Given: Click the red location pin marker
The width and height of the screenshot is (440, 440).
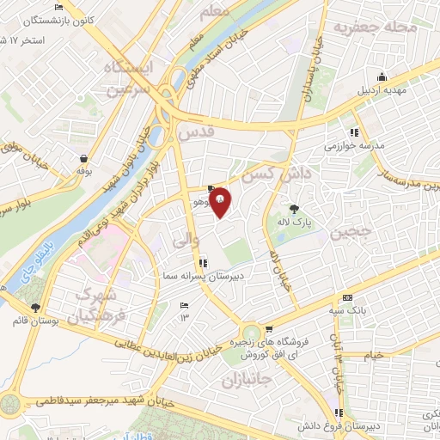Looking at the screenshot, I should (x=221, y=201).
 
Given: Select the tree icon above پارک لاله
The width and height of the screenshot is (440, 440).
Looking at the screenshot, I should (x=294, y=208).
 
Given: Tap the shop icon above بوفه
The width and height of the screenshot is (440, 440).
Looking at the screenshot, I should (x=83, y=158).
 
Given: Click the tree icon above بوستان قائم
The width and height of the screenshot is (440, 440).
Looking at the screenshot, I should (x=35, y=307).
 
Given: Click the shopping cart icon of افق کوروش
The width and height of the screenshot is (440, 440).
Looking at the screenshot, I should (x=269, y=328).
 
